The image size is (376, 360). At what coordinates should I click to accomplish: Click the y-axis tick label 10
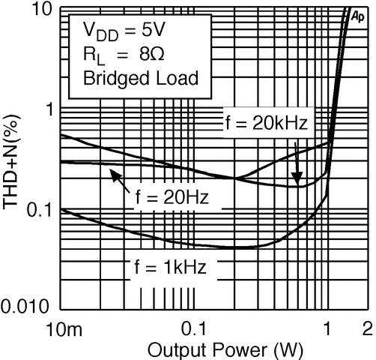point(39,10)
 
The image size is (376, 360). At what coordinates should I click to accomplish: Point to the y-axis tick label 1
point(49,109)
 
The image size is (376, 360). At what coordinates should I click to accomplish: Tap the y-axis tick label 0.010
point(25,306)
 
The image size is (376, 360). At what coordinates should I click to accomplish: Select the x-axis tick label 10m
point(64,328)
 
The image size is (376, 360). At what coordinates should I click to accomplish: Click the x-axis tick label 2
point(367,328)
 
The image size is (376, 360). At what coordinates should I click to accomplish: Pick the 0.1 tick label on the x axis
point(195,328)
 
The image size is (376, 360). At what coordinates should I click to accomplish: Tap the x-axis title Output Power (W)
point(225,350)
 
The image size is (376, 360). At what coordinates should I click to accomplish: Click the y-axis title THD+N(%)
point(11,160)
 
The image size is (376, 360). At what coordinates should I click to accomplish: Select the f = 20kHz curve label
point(267,123)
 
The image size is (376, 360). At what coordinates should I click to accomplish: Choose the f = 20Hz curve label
point(172,196)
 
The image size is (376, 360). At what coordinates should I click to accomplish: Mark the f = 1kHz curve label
point(171,267)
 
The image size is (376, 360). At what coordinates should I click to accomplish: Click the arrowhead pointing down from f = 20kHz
point(297,179)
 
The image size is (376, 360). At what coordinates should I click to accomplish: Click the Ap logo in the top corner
point(358,16)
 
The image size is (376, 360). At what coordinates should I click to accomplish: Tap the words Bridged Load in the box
point(141,78)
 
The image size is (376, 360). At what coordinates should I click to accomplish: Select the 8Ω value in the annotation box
point(152,54)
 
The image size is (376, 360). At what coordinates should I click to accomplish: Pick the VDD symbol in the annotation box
point(100,31)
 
